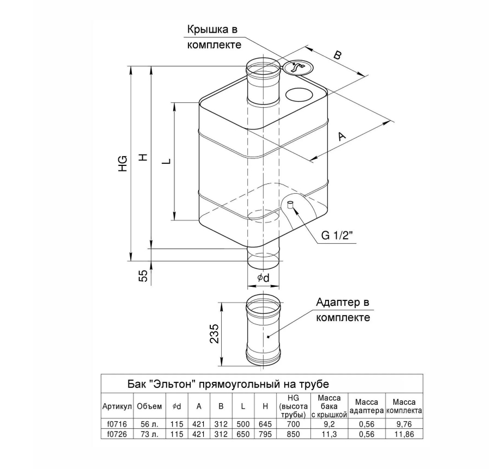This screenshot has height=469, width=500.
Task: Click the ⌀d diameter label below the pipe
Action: click(263, 278)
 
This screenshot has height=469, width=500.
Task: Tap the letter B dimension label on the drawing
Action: click(338, 55)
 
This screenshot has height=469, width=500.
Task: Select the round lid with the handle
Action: click(297, 67)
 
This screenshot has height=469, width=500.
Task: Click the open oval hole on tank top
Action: click(300, 94)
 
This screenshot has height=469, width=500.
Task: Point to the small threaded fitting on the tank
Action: click(290, 205)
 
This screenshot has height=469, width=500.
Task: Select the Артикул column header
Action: click(117, 406)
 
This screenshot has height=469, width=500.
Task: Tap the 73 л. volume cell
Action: click(149, 434)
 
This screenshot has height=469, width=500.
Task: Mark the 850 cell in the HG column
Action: click(294, 434)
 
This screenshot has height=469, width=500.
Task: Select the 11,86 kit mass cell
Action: click(405, 434)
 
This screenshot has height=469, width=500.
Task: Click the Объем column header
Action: click(149, 406)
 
